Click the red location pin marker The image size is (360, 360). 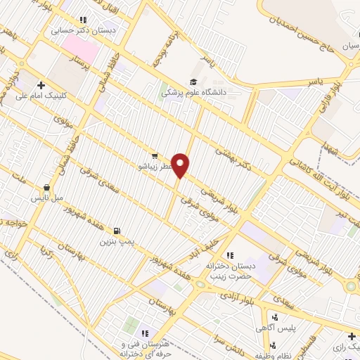coord(181,165)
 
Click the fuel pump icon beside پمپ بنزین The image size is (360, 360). coord(116,229)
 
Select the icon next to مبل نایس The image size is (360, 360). coord(46,188)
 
